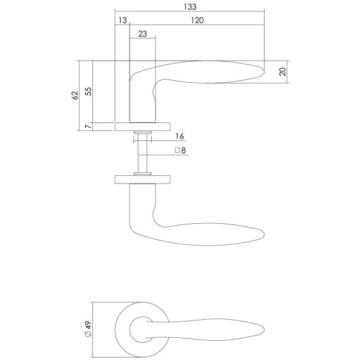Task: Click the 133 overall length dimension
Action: tap(190, 7)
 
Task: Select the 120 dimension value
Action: tap(197, 20)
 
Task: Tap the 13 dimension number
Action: tap(122, 20)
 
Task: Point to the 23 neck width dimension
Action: tap(143, 34)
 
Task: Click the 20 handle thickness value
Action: tap(283, 71)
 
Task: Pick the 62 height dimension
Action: tap(75, 95)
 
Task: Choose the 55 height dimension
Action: tap(88, 91)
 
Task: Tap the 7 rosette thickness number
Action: tap(88, 127)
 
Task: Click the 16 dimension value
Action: tap(180, 136)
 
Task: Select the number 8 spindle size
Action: tap(183, 151)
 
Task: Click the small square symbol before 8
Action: tap(177, 151)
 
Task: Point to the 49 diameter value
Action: tap(88, 326)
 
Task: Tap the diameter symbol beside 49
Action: tap(88, 334)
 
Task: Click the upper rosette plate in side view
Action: tap(143, 127)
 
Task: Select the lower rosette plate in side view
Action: tap(143, 179)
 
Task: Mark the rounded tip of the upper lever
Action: tap(263, 72)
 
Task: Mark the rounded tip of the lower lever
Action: tap(263, 234)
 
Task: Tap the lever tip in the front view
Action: tap(263, 329)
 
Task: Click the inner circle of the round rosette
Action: tap(130, 329)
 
